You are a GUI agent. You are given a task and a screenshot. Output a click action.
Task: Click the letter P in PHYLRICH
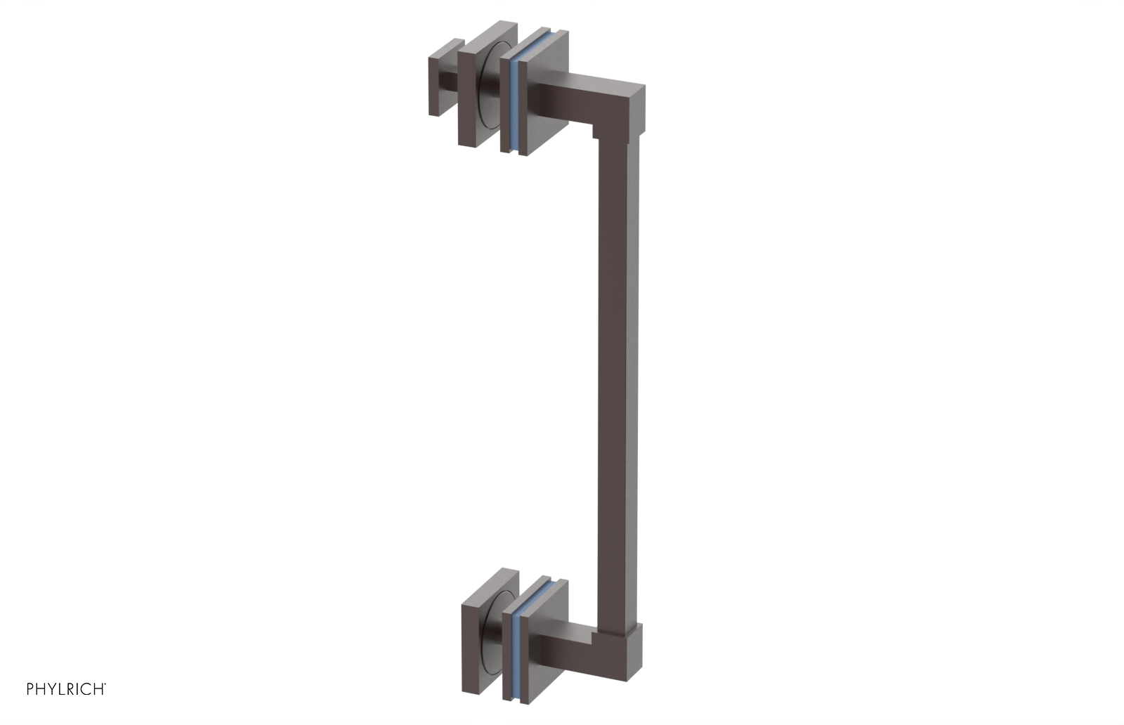(30, 689)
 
